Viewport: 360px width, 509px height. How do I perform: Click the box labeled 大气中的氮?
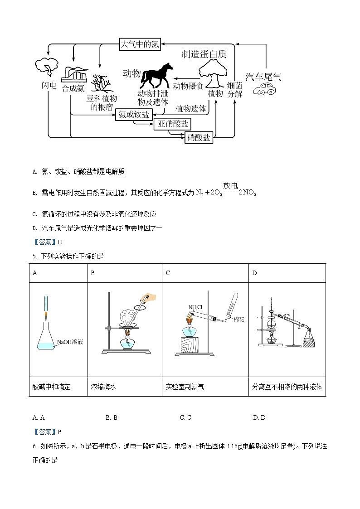[x=139, y=44]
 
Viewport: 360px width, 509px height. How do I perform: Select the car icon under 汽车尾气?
[x=263, y=90]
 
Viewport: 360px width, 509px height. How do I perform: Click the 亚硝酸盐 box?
[x=173, y=124]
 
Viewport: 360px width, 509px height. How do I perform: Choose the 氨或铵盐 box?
[x=134, y=115]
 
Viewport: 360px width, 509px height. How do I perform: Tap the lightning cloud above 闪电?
[x=46, y=68]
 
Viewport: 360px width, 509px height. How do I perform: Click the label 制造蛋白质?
[x=204, y=54]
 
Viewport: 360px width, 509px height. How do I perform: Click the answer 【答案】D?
[x=47, y=242]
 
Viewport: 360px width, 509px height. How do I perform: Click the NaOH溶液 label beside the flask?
[x=70, y=342]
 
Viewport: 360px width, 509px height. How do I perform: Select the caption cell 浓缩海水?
[x=104, y=387]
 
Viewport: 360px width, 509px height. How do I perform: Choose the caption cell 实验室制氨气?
[x=185, y=387]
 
